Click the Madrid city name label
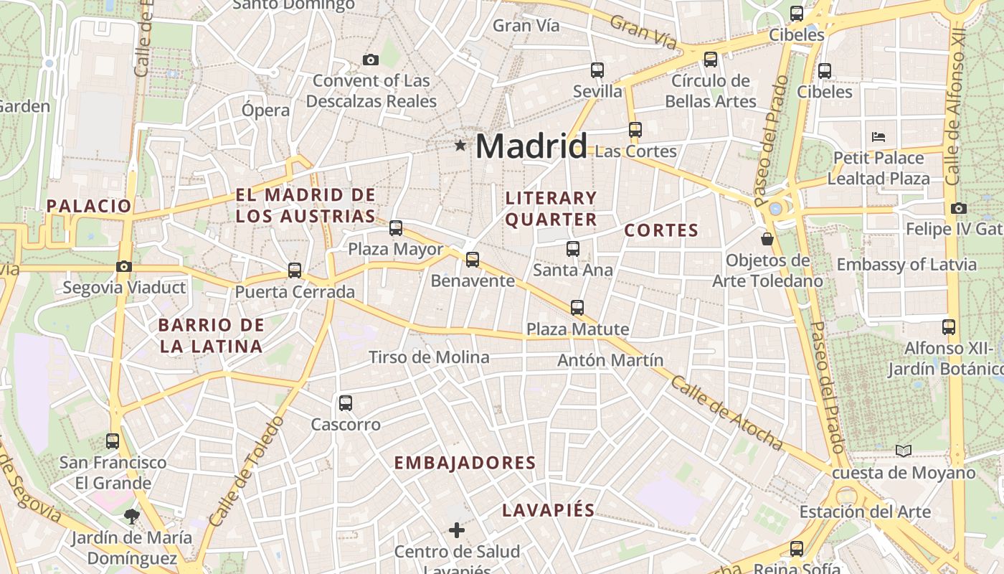531,146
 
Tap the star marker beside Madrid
460,146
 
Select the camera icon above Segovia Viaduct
123,267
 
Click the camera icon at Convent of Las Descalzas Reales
371,60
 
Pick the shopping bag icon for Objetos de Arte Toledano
767,238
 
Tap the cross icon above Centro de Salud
457,530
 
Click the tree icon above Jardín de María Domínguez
131,514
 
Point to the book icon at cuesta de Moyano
904,451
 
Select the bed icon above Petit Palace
879,136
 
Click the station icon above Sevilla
597,70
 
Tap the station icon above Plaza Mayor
396,228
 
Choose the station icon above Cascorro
346,403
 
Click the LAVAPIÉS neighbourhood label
549,510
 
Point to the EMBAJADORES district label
465,463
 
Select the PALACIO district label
90,206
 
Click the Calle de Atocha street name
725,413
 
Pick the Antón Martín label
610,360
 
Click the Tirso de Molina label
429,357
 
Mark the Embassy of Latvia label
906,264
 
